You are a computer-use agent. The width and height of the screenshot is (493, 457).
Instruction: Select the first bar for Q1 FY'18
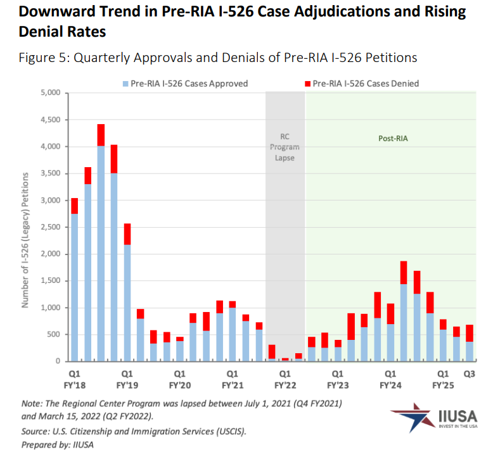[74, 285]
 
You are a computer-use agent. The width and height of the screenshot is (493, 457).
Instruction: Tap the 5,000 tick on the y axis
[49, 93]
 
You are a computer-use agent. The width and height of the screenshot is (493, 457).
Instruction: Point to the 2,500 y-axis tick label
[49, 227]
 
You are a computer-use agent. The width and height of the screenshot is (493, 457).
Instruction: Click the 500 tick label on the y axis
[53, 334]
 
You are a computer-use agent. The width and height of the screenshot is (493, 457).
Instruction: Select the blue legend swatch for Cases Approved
[125, 84]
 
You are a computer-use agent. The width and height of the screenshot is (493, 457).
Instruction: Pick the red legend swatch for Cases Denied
[308, 84]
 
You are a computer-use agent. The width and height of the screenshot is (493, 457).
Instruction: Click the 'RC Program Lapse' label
[285, 147]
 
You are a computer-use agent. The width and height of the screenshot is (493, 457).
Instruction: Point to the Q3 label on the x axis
[470, 373]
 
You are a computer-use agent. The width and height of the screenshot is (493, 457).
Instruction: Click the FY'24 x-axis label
[390, 384]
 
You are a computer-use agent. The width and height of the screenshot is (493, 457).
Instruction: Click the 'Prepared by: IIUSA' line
[57, 444]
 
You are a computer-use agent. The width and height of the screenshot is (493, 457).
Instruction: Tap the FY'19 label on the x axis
[127, 384]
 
